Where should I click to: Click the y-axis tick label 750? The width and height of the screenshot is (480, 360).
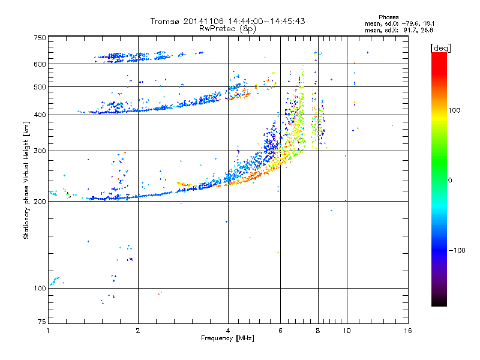click(x=40, y=37)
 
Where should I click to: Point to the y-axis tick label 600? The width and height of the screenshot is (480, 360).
click(x=40, y=64)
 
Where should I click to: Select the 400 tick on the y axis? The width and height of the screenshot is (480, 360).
click(x=40, y=115)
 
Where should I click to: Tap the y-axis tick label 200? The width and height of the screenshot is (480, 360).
click(x=40, y=201)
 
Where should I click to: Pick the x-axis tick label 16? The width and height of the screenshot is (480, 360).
click(x=408, y=331)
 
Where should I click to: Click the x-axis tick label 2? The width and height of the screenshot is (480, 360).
click(x=138, y=331)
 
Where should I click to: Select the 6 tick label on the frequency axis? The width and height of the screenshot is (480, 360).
click(x=280, y=331)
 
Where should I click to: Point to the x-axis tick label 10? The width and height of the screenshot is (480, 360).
click(x=346, y=331)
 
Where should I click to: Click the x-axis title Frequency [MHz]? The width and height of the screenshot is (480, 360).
click(x=228, y=338)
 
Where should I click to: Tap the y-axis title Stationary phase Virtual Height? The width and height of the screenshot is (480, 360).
click(x=26, y=180)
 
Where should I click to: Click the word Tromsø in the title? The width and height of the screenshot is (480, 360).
click(x=167, y=21)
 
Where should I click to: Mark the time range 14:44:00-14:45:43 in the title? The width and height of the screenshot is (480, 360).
click(x=265, y=21)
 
